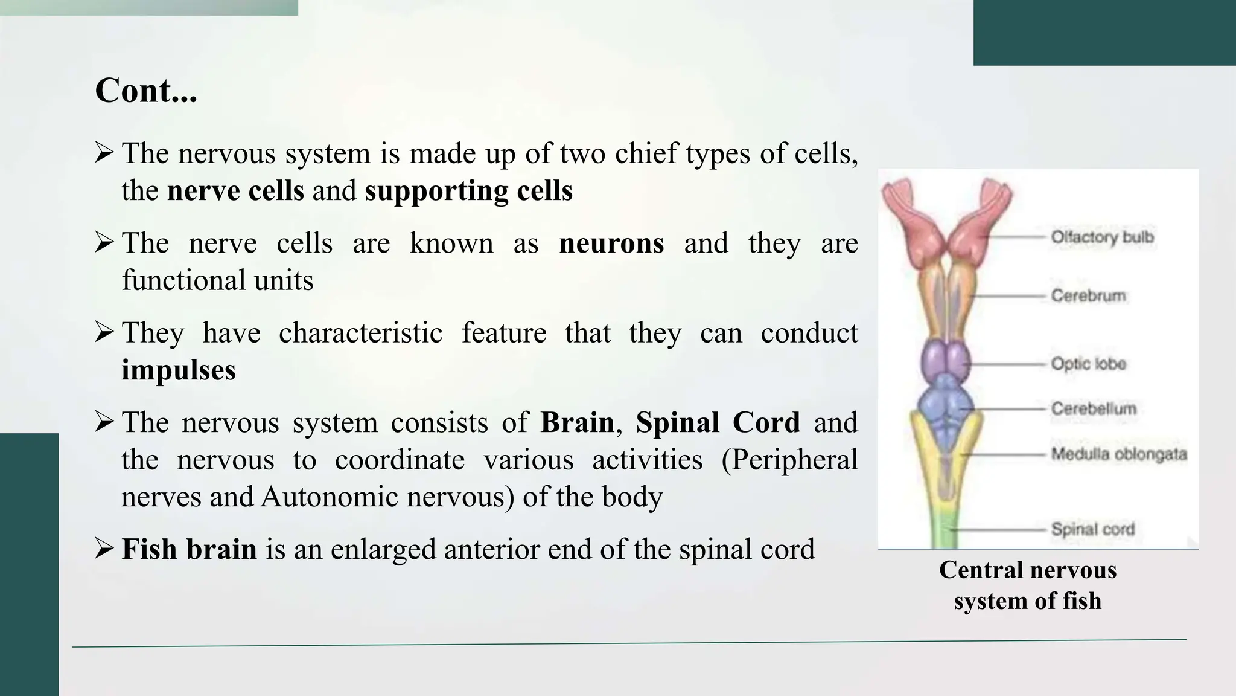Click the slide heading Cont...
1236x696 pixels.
tap(146, 91)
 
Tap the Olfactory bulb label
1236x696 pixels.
tap(1102, 237)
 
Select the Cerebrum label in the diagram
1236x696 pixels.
tap(1088, 295)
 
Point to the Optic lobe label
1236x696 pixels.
tap(1088, 364)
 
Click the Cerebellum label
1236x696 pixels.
tap(1093, 408)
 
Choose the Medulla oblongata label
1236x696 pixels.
tap(1118, 454)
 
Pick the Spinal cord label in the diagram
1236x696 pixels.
tap(1092, 529)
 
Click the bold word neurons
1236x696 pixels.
tap(611, 243)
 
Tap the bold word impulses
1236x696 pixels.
tap(179, 370)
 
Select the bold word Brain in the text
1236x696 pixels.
tap(577, 422)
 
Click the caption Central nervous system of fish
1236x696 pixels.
tap(1027, 585)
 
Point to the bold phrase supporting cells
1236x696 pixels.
tap(468, 191)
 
